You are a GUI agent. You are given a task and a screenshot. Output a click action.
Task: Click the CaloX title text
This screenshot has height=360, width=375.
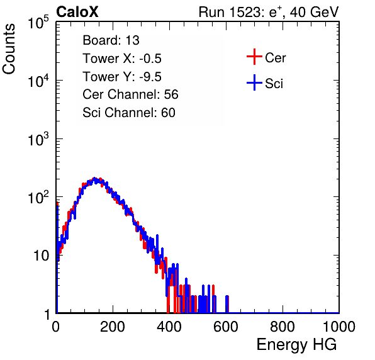77,12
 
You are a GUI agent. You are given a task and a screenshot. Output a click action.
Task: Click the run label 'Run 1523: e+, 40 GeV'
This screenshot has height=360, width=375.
269,12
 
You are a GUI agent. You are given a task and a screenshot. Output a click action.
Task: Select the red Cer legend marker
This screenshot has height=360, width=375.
254,57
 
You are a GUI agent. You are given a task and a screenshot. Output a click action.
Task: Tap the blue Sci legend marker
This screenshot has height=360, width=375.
254,83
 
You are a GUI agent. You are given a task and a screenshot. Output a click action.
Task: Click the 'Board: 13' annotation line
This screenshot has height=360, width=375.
111,40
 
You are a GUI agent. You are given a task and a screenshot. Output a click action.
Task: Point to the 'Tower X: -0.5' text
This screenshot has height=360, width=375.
122,59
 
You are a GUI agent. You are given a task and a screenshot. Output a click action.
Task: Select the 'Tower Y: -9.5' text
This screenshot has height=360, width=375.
122,77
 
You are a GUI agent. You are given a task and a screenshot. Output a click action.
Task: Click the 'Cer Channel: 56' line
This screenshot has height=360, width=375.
130,94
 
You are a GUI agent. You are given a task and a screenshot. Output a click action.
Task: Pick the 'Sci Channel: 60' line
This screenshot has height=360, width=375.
129,113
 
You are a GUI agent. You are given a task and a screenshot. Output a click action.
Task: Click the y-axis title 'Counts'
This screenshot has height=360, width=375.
9,49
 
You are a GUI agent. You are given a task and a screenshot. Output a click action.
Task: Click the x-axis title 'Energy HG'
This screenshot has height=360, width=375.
296,345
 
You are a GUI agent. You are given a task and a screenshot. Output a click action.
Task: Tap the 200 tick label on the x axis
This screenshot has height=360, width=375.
113,327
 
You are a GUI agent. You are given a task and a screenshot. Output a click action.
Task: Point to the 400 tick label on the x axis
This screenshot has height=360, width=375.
169,327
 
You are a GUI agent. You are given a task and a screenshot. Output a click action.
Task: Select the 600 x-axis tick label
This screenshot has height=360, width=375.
226,327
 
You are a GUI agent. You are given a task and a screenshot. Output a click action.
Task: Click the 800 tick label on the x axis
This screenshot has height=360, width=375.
283,327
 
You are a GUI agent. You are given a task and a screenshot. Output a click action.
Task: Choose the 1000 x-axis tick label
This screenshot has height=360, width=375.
339,327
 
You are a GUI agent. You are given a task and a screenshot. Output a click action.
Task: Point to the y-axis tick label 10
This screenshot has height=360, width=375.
41,256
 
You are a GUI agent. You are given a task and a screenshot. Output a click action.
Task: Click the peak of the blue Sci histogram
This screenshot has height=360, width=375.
94,178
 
